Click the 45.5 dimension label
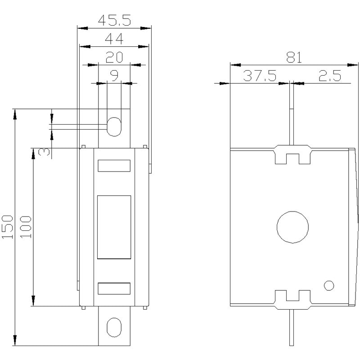114,20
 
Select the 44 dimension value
114,39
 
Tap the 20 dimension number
114,57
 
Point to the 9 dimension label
114,76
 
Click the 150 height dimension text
7,227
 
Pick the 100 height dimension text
26,227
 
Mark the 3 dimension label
44,152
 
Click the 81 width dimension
294,57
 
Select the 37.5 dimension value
260,76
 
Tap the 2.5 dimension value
330,76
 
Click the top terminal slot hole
107,127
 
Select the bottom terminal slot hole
107,327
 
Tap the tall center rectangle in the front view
97,227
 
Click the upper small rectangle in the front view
114,160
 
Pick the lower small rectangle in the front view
114,283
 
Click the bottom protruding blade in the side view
292,328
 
